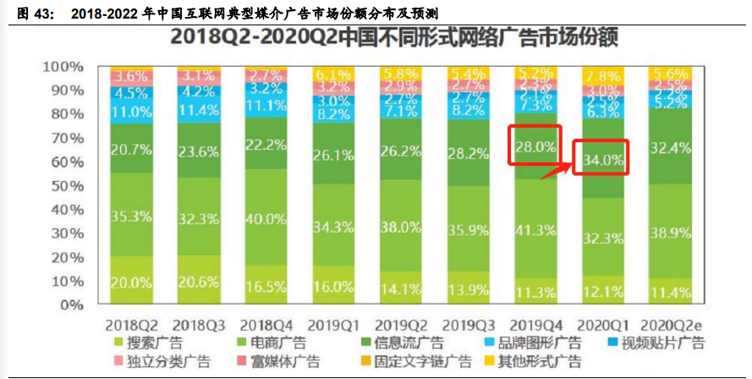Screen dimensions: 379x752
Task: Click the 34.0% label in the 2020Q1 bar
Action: point(601,159)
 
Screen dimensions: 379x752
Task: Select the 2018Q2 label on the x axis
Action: point(131,325)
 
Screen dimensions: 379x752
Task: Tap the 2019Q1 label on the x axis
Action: point(333,325)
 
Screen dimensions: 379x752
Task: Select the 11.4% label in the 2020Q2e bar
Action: point(668,292)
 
